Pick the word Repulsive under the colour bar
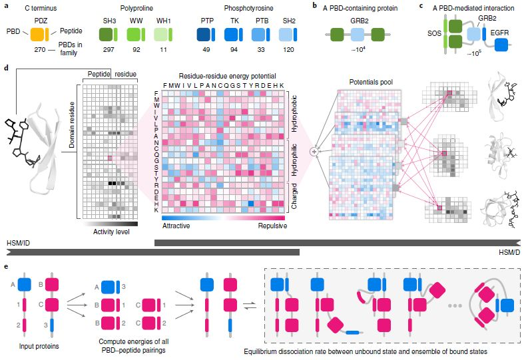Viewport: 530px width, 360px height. click(x=273, y=226)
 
